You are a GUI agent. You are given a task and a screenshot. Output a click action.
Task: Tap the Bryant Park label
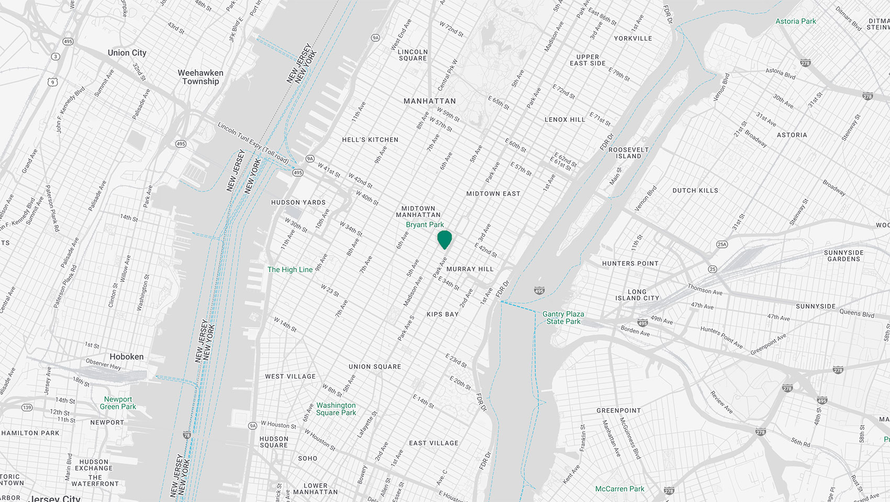click(425, 225)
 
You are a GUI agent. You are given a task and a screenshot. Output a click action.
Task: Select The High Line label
click(290, 270)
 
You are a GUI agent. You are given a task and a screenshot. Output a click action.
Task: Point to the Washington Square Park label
click(336, 409)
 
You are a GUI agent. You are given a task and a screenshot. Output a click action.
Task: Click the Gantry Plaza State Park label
click(563, 318)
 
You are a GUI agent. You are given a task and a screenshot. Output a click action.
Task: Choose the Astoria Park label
click(796, 21)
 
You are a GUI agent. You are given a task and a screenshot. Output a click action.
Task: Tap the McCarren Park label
click(620, 489)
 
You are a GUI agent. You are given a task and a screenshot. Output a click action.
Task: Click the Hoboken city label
click(126, 357)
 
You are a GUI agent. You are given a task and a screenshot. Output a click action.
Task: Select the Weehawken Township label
click(201, 77)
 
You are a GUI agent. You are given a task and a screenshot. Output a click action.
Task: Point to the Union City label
click(127, 53)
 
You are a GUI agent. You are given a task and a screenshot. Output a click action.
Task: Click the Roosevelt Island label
click(628, 153)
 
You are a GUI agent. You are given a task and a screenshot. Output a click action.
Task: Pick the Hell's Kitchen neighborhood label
click(370, 140)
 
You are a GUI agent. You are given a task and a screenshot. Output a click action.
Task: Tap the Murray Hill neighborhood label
click(470, 269)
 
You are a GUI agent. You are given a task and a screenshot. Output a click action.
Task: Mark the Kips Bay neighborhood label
click(442, 314)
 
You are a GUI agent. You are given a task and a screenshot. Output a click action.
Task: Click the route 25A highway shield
click(722, 244)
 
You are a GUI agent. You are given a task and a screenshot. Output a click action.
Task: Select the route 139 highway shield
click(27, 407)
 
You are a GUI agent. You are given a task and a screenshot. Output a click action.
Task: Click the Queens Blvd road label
click(857, 313)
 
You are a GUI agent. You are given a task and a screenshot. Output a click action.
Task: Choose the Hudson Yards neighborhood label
click(298, 202)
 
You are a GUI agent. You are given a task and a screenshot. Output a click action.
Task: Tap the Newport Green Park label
click(118, 403)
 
